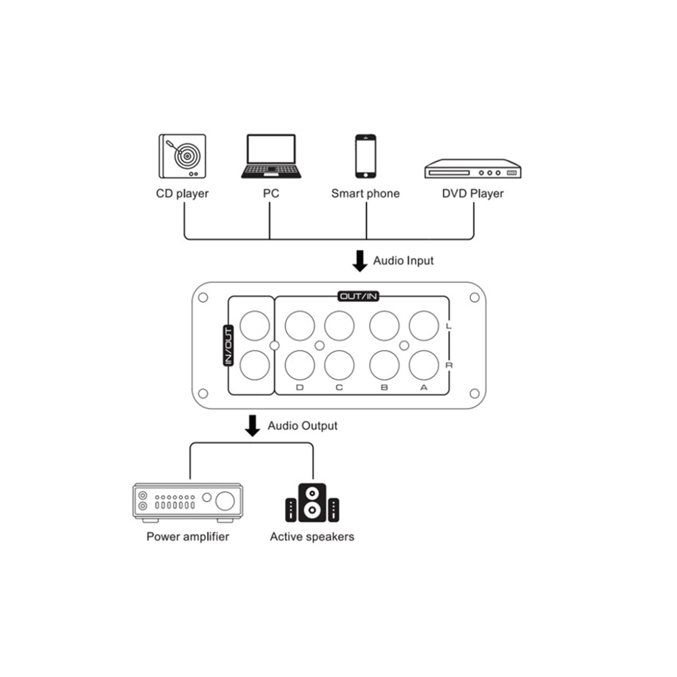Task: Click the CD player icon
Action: (x=182, y=156)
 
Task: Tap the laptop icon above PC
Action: (x=271, y=156)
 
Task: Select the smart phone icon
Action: (x=366, y=156)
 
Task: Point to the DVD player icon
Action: (x=473, y=169)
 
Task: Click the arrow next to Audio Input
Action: (x=360, y=261)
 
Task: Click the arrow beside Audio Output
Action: (x=253, y=426)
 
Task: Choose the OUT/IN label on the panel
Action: (x=358, y=296)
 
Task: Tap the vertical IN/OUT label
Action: (x=228, y=345)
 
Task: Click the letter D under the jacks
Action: (x=300, y=388)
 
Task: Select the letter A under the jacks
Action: (x=424, y=388)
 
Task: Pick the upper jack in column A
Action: (x=424, y=326)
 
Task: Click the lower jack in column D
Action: (x=300, y=365)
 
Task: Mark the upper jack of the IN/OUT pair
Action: (x=255, y=326)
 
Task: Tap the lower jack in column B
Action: (x=384, y=365)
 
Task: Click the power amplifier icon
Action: (x=188, y=503)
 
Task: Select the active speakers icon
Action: (x=312, y=503)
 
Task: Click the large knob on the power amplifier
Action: (x=225, y=501)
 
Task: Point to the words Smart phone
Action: (x=366, y=194)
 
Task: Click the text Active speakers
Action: (x=312, y=537)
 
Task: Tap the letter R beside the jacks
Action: (x=449, y=365)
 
